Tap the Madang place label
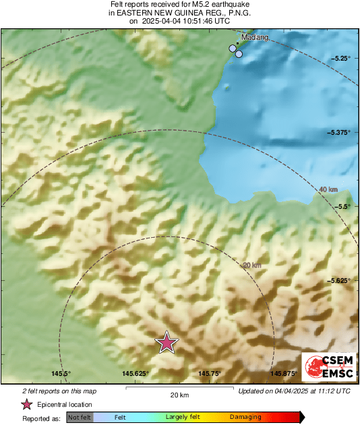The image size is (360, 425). tap(254, 38)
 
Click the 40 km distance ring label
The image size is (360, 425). tap(328, 190)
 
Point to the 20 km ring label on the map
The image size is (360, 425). tap(251, 265)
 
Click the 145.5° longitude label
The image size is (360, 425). tap(61, 374)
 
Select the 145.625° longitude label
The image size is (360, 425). tap(136, 374)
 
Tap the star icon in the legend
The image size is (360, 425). tap(27, 404)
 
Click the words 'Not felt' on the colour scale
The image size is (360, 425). tap(80, 418)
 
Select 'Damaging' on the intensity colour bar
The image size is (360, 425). tap(245, 418)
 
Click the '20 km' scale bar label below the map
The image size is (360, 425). tap(179, 395)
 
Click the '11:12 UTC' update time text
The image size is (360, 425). tap(331, 391)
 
